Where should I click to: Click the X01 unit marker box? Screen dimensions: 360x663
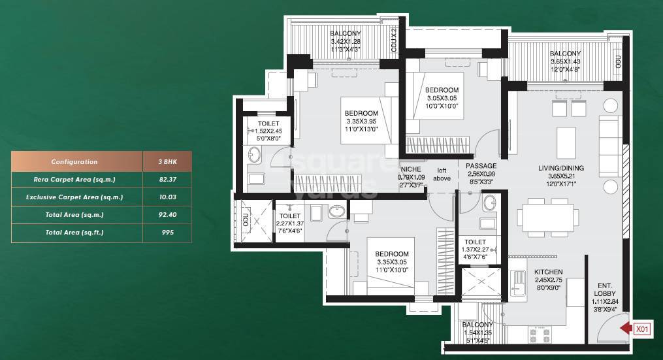644,329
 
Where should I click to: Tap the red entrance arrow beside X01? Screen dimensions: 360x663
626,329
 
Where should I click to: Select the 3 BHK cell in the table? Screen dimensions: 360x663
167,161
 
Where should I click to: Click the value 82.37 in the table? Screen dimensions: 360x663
167,179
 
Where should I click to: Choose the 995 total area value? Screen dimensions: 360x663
167,232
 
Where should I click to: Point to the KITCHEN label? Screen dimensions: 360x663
548,276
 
